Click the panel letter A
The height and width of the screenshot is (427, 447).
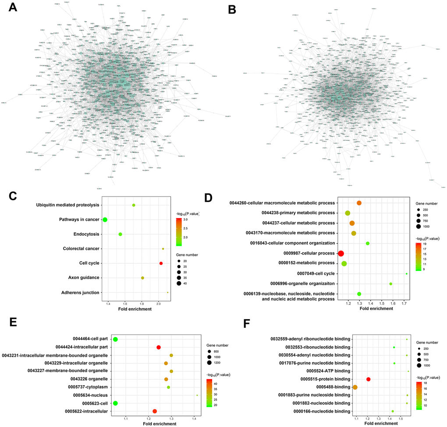pos(13,8)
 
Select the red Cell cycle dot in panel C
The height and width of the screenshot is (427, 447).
pos(161,263)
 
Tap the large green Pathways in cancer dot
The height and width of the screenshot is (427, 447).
pos(105,219)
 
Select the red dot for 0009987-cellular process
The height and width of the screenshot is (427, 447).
pos(341,254)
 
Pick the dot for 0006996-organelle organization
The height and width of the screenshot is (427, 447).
pos(391,284)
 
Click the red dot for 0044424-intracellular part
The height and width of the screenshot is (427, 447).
pos(159,347)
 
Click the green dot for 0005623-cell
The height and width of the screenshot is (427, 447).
pos(115,403)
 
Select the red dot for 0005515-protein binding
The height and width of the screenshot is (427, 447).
pos(368,379)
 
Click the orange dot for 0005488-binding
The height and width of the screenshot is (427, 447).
pos(355,387)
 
